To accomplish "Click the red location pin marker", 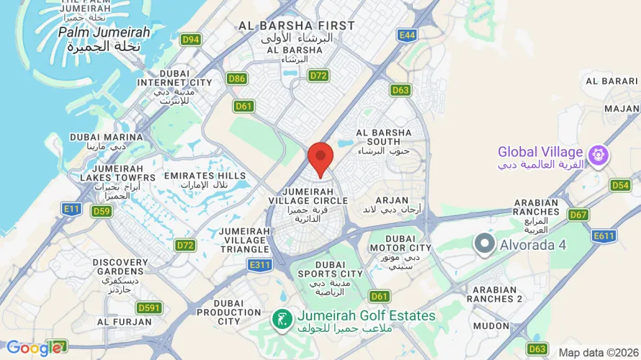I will coord(320,158).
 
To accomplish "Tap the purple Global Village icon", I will coord(597,154).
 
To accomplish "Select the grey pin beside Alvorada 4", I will coord(485,244).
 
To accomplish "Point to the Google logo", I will coord(33,348).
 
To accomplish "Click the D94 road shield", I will coord(191,40).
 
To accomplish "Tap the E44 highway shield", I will coord(407,35).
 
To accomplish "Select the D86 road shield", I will coord(237,78).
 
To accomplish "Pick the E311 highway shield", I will coord(259,265).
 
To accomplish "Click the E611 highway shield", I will coord(604,235).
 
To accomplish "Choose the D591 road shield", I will coord(148,308).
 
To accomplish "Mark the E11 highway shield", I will coord(71,209).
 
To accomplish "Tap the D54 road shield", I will coord(620,185).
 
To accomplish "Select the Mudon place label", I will coord(491,325).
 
